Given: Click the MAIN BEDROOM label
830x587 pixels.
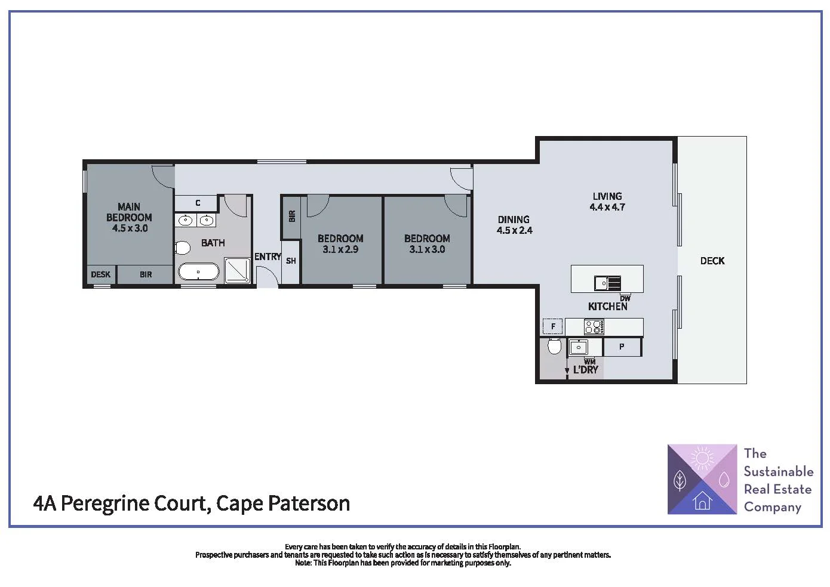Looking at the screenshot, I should [129, 217].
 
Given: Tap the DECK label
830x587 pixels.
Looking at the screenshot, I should [712, 261].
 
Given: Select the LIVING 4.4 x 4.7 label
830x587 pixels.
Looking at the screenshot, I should [607, 202].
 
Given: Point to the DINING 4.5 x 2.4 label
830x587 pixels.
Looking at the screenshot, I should [514, 225].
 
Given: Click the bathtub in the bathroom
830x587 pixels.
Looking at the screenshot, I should [199, 273].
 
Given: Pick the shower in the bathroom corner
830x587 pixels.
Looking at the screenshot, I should [237, 270].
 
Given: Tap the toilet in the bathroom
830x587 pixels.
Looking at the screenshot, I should [183, 247].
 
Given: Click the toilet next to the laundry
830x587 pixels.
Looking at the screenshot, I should [555, 346].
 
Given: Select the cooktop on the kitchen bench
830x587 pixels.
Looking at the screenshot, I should [594, 327].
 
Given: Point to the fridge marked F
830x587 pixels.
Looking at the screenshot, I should [553, 326].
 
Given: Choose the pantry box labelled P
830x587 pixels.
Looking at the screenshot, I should [622, 347].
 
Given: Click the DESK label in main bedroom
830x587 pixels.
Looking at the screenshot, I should [100, 274].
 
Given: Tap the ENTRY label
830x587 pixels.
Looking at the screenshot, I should [268, 257].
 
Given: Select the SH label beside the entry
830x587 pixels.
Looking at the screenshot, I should [291, 261].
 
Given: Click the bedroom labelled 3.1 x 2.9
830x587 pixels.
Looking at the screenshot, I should [340, 243].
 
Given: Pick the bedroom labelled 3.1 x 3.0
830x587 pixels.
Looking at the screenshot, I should [427, 243].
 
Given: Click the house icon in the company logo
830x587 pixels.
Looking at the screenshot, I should [702, 501].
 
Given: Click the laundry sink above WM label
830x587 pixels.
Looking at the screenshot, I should [578, 347].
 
